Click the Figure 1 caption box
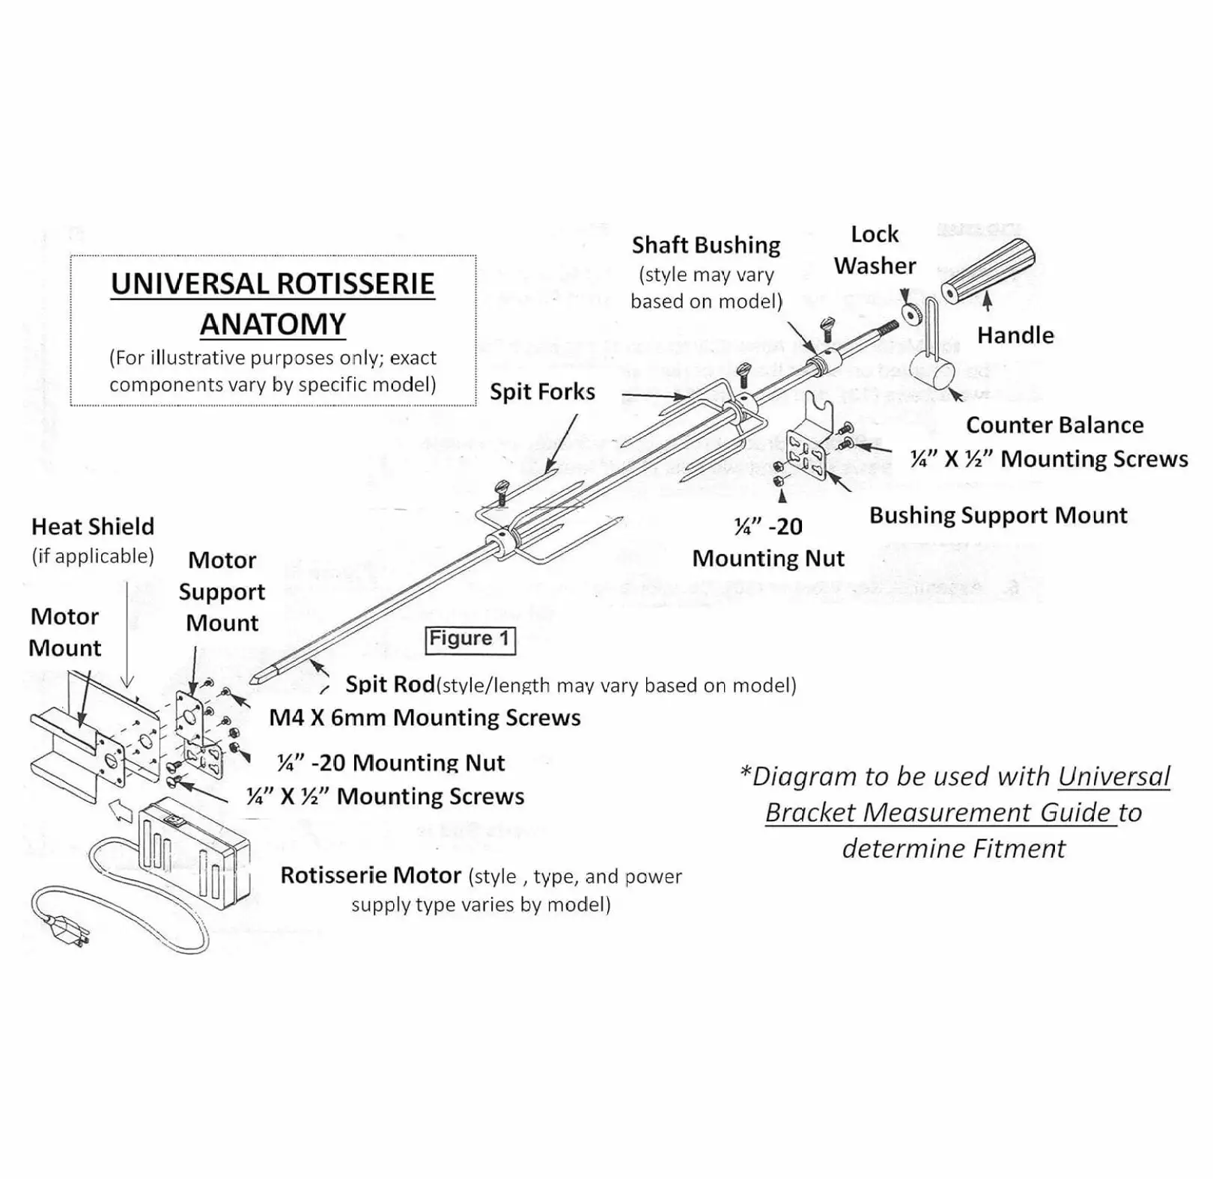470,639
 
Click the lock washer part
911,314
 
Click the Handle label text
1015,335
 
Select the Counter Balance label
1054,425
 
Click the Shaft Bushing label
705,246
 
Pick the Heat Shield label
93,527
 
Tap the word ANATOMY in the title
273,324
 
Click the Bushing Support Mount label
997,515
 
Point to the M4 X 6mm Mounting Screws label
425,718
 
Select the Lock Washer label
875,250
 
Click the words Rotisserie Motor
371,876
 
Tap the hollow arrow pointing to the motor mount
118,808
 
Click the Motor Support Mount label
222,591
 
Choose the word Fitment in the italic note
1026,849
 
